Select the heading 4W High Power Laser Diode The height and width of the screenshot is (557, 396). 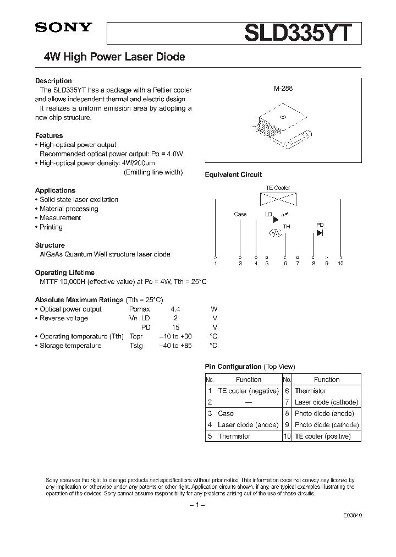[x=114, y=57]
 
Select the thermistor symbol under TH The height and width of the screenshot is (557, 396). [x=275, y=233]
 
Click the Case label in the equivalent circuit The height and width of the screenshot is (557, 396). [x=240, y=214]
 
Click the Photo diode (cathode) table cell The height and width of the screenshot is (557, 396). [x=327, y=425]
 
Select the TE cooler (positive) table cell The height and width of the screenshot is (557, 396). [x=327, y=436]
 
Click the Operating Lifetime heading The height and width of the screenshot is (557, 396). [x=65, y=272]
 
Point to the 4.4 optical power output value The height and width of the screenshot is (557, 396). [x=175, y=309]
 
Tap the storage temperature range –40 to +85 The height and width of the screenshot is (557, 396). [x=175, y=346]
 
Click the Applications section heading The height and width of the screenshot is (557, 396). [x=55, y=190]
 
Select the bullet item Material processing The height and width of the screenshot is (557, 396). [x=69, y=209]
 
